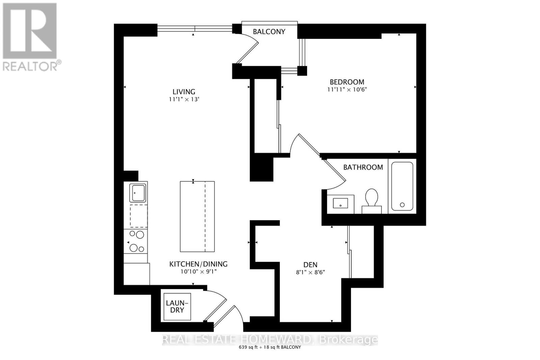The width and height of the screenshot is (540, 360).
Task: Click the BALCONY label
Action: [269, 32]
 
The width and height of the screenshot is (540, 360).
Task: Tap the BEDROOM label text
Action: [347, 82]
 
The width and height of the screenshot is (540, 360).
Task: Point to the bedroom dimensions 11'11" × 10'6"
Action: [347, 90]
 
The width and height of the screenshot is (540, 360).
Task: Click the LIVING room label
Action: [184, 92]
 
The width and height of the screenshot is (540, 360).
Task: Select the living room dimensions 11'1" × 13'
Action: [184, 100]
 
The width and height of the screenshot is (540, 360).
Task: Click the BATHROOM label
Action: [363, 167]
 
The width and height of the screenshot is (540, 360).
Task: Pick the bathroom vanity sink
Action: [340, 203]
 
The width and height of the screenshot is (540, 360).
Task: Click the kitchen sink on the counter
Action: [138, 193]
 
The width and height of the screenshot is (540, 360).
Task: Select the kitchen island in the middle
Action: [197, 216]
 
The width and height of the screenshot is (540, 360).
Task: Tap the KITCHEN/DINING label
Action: [198, 264]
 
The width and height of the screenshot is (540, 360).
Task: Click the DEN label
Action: [310, 265]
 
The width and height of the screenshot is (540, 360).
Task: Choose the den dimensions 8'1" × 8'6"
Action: [310, 272]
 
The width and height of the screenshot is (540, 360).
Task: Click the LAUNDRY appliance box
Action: [177, 306]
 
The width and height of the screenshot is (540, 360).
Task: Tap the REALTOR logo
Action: [30, 37]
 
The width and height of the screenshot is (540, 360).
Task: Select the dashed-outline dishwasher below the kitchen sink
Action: [138, 216]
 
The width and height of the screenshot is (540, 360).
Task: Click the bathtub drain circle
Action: [402, 205]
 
